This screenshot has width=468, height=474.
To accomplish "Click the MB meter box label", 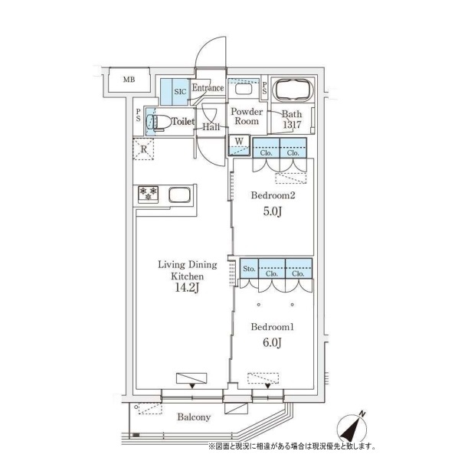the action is point(129,80).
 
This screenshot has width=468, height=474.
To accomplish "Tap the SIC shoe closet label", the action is point(180,92).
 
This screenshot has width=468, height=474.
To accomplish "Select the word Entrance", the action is point(208,87).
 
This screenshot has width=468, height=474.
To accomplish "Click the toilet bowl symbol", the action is point(159,123).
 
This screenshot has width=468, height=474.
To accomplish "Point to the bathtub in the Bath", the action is point(293,90).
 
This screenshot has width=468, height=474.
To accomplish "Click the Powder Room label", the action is point(247,116).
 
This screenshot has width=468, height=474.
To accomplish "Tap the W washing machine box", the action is point(239,145).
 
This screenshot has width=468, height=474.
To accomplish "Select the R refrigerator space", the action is point(143,149).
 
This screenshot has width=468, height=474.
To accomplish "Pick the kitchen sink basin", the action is point(179,195).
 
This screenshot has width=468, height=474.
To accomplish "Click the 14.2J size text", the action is point(187,287).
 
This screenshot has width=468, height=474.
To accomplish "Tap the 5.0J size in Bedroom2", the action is point(273,211).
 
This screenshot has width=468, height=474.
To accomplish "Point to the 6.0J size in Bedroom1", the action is point(272,343).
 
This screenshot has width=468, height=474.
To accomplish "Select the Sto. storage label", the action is point(249,269).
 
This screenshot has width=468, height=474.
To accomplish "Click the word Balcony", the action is point(194,417).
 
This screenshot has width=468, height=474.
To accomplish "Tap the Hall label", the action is point(211,127).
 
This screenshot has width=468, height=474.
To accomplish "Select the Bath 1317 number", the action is point(292,125).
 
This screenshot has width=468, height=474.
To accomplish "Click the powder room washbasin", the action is point(243,89).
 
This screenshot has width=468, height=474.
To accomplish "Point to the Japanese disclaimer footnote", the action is point(292,446).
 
